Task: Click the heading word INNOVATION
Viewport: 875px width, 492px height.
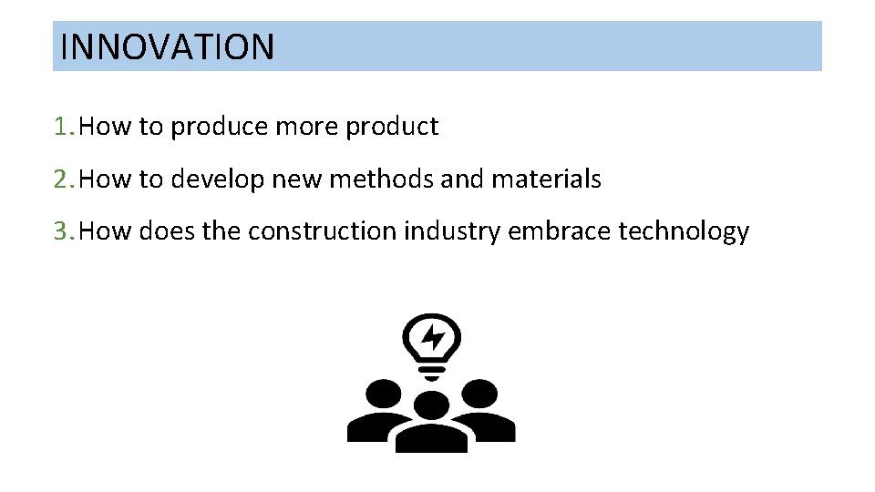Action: (x=167, y=46)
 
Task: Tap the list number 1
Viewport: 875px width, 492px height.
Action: (x=62, y=127)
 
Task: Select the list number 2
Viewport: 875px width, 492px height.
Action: (x=62, y=179)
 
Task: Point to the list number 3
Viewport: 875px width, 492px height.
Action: (x=62, y=231)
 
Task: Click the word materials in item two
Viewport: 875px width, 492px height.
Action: (x=546, y=179)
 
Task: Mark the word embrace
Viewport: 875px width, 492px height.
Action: (x=559, y=231)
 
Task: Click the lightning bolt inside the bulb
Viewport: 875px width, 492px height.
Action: (x=432, y=338)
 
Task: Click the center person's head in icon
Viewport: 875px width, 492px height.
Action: (x=432, y=406)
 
